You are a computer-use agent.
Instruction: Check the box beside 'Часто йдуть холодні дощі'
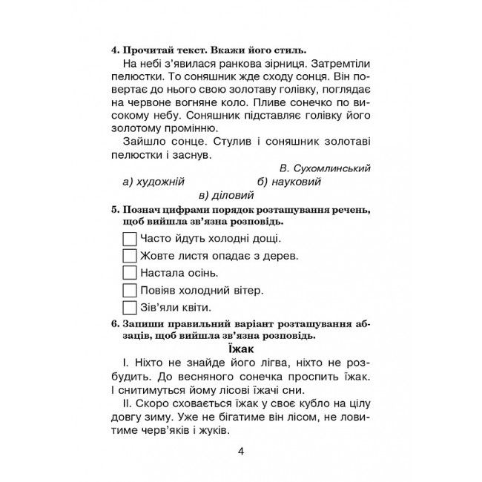click(x=129, y=239)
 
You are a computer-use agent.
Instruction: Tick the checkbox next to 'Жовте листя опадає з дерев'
click(x=129, y=256)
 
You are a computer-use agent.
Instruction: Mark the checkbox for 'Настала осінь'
click(x=129, y=273)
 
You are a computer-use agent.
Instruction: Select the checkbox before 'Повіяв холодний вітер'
click(x=129, y=290)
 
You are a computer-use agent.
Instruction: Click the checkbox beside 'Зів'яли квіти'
click(x=129, y=307)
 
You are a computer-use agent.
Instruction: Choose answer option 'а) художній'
click(x=153, y=182)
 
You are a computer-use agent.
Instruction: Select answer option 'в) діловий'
click(x=226, y=196)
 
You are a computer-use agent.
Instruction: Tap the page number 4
click(x=240, y=451)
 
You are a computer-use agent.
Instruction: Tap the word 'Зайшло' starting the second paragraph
click(x=145, y=142)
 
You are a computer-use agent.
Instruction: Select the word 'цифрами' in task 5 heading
click(x=175, y=210)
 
